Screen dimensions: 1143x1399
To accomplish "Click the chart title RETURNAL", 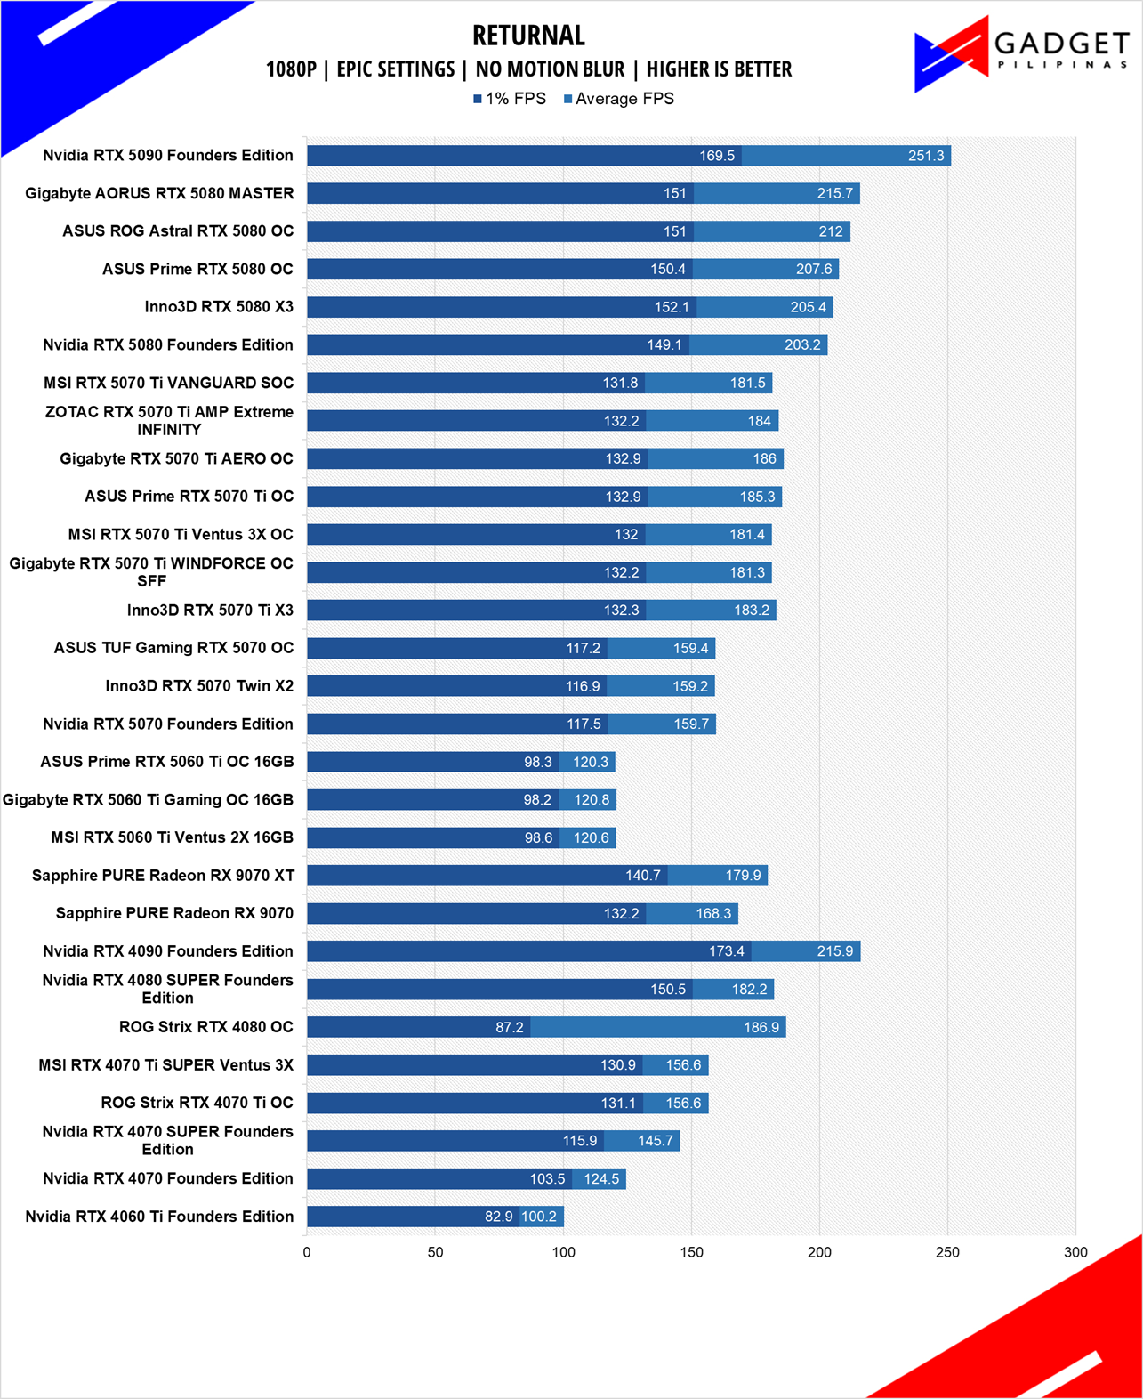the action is [528, 36].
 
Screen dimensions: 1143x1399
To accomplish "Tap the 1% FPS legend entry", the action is [509, 99].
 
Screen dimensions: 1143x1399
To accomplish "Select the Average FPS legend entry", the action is [618, 99].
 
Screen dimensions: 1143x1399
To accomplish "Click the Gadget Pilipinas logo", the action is [1022, 53].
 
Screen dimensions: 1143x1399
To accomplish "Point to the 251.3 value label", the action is [926, 156].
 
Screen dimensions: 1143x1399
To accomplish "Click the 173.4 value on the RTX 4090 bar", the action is [727, 951].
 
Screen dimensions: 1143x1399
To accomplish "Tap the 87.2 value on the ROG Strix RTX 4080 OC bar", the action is [509, 1027].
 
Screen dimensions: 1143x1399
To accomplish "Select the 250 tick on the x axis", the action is [947, 1252].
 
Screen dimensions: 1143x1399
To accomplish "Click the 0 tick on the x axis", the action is [307, 1252].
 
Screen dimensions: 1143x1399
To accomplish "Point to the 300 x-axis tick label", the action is [1075, 1252].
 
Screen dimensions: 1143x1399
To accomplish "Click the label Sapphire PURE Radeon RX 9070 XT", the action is [163, 876].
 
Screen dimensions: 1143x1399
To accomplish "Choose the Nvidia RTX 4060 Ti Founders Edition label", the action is [159, 1217].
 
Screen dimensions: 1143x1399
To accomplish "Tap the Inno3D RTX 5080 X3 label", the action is [219, 306].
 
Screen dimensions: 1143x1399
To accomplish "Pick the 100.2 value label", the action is [539, 1217].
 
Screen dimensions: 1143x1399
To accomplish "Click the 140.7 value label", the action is [642, 876].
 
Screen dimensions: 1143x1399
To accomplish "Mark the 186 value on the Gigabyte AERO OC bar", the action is [764, 458].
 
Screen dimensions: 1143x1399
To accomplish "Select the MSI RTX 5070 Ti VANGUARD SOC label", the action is [168, 383].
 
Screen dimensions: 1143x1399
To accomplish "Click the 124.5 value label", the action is [601, 1179].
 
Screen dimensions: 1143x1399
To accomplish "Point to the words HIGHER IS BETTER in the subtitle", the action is [719, 69].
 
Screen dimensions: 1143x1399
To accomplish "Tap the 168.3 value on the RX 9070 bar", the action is [713, 913].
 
